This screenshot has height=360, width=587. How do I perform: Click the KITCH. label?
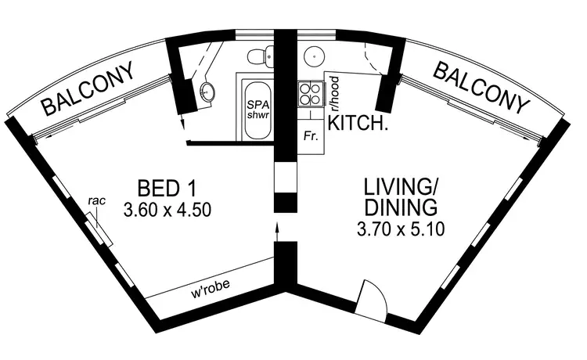[x=358, y=124]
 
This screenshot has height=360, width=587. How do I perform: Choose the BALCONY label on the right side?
[x=478, y=88]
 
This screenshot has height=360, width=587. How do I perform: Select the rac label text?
[x=97, y=201]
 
